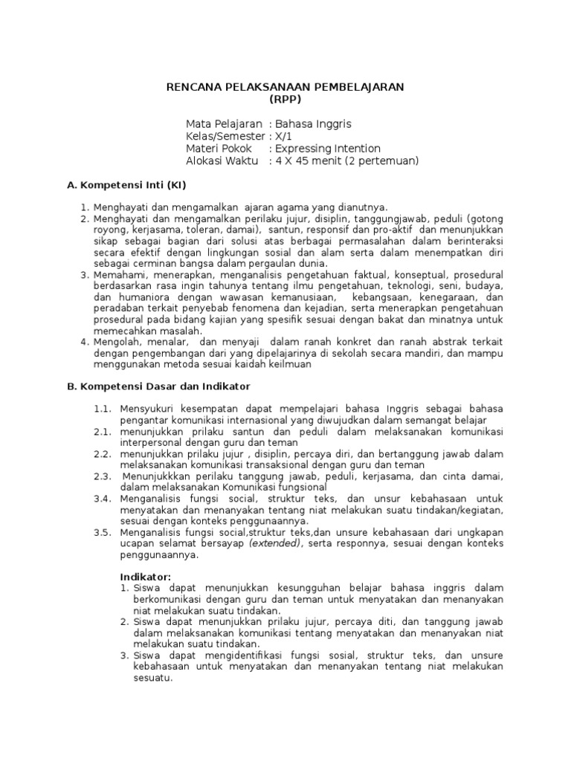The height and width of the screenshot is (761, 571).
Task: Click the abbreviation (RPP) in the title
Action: click(285, 100)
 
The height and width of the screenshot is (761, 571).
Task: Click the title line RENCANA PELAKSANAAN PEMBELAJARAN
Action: click(285, 87)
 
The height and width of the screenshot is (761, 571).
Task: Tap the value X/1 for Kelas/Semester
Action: click(284, 136)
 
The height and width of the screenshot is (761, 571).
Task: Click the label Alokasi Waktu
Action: click(222, 161)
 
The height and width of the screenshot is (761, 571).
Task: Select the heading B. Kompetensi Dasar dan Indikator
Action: click(158, 386)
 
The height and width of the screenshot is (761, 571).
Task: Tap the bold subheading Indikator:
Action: click(146, 577)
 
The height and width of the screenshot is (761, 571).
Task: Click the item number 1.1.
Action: click(103, 409)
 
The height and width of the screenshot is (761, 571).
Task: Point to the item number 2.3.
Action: click(103, 476)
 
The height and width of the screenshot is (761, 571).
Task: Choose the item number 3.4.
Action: click(103, 498)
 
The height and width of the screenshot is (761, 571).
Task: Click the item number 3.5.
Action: click(103, 532)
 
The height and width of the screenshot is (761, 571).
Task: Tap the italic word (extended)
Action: click(275, 543)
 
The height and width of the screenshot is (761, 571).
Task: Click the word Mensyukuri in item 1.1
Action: click(147, 409)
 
